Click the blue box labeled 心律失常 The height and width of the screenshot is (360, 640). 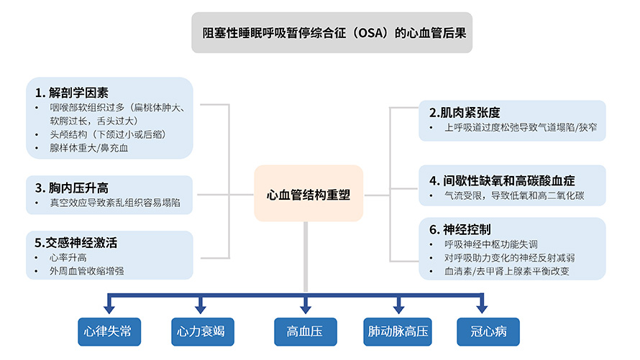109,331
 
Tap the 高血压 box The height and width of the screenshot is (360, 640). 306,331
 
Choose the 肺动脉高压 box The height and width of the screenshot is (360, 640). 398,331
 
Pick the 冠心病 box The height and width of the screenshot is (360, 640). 488,331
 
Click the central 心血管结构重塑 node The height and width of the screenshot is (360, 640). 308,193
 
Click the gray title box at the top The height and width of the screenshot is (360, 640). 332,32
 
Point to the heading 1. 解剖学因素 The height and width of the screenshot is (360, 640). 72,93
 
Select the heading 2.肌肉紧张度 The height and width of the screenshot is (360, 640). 465,113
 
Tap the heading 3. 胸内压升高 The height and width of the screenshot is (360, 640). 72,188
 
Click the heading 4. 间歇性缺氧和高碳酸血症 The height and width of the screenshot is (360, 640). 502,180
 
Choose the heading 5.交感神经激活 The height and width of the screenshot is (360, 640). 76,243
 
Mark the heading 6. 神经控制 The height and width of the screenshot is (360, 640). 460,229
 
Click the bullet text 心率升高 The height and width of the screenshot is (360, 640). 68,258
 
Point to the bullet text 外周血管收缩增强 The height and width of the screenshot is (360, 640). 87,271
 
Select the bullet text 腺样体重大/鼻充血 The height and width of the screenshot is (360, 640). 89,148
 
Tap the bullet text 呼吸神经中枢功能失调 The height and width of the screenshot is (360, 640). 491,244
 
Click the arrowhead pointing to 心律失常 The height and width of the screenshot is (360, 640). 109,309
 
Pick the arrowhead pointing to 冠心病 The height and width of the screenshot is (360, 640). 482,309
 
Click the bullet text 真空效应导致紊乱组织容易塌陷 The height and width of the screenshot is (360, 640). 115,203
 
